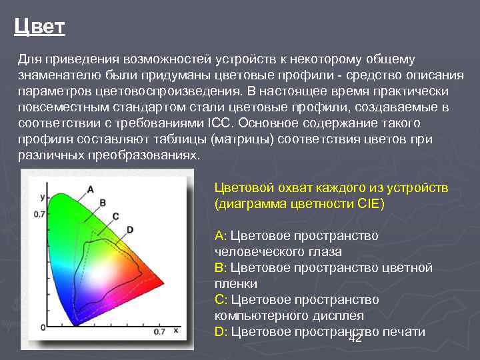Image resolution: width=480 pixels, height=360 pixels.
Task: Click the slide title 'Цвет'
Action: coord(39,27)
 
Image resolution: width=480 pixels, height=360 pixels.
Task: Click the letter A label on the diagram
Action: coord(90,188)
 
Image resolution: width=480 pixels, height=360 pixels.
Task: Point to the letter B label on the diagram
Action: coord(103,202)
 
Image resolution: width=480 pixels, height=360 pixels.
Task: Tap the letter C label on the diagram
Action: coord(115,216)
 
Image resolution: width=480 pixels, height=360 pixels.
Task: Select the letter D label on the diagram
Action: coord(130,229)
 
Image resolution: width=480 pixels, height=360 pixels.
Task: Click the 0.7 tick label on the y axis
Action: coord(39,214)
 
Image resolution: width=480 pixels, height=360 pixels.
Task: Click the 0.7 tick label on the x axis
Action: coord(159,331)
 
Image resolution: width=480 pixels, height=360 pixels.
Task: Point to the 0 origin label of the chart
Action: coord(43,328)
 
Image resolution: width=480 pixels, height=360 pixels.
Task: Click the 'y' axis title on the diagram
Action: coord(42,197)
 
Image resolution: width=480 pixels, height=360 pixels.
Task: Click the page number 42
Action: coord(355,339)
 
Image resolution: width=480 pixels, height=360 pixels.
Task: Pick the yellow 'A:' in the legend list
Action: coord(221,236)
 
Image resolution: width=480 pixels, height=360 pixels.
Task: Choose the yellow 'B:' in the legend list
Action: coord(221,268)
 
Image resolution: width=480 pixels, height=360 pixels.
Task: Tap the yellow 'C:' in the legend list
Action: coord(221,300)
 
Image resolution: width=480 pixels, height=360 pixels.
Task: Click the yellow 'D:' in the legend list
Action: coord(221,332)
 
